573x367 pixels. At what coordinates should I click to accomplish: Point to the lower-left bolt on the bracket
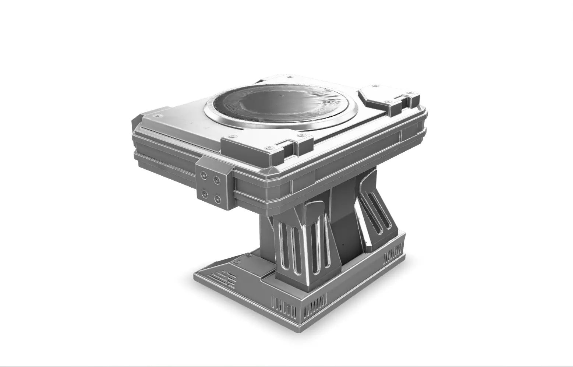(x=205, y=193)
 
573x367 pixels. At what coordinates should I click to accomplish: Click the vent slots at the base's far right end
(x=393, y=254)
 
